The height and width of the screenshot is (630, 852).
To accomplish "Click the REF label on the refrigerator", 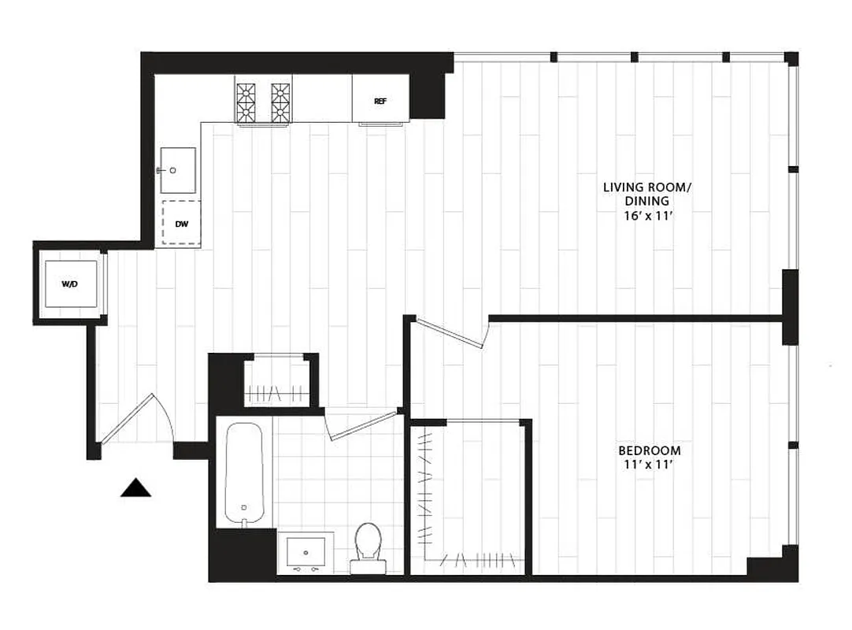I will [x=380, y=102].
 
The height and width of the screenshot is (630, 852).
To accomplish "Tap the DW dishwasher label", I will [x=181, y=224].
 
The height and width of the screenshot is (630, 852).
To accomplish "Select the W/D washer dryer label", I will [x=69, y=283].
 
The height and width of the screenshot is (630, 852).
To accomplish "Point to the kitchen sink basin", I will [x=178, y=169].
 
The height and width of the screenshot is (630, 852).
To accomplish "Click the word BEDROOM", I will [x=650, y=450].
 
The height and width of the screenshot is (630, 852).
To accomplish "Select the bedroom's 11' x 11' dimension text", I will [x=650, y=465].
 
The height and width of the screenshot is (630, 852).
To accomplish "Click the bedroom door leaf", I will [x=452, y=332].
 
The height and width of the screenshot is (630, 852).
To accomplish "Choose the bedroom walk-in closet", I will [x=469, y=496].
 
